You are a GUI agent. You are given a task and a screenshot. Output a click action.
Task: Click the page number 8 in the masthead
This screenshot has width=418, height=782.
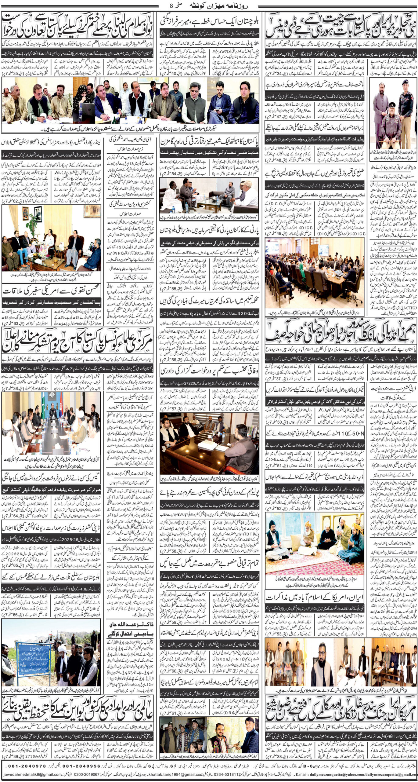point(171,5)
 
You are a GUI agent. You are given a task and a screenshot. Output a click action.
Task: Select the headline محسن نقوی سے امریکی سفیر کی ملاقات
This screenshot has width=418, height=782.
point(51,291)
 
